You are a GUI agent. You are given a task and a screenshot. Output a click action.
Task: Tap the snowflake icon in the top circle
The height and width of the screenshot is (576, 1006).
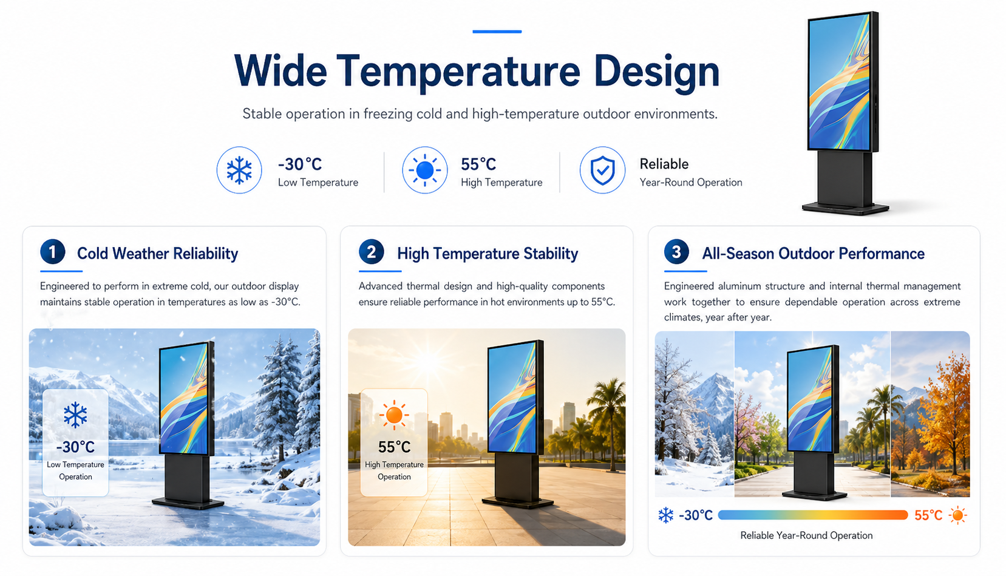[x=239, y=170]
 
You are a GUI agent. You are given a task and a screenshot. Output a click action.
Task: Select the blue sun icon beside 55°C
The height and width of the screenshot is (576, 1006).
[x=424, y=170]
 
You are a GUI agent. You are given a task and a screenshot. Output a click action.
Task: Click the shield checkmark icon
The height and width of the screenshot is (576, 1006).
[x=602, y=170]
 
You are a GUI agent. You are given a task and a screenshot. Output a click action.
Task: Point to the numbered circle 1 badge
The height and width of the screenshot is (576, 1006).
[x=53, y=252]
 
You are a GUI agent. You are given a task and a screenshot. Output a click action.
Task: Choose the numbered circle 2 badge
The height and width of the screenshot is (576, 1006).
[x=372, y=252]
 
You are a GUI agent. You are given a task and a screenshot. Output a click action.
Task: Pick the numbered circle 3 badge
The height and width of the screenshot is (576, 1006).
[x=677, y=252]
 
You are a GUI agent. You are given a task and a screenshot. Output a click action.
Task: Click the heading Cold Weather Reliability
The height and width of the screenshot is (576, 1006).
[x=158, y=254]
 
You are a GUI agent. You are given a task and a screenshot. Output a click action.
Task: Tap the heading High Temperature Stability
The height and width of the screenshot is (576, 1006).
[x=488, y=254]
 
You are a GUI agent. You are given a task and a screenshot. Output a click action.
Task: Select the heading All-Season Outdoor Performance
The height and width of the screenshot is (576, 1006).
[x=814, y=254]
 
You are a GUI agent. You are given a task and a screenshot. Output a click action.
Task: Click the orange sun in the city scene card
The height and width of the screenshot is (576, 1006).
[x=394, y=415]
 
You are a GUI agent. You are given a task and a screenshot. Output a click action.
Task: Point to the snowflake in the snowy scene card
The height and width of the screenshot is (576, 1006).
[x=75, y=415]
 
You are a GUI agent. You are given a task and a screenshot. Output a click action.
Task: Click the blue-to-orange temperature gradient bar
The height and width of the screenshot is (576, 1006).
[x=813, y=515]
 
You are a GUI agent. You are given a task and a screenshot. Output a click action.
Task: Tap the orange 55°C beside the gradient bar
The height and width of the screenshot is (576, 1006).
[x=928, y=515]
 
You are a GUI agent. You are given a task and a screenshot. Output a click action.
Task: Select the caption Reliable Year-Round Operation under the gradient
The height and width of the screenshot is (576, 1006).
[x=807, y=535]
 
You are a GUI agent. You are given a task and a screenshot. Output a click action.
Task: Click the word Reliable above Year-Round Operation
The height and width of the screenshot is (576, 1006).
[x=664, y=164]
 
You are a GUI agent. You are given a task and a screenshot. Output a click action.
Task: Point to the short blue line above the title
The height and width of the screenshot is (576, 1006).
[x=497, y=32]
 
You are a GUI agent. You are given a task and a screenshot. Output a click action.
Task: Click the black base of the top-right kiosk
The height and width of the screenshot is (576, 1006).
[x=845, y=208]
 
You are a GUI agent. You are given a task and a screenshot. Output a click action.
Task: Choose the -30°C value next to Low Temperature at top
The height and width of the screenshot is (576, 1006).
[x=300, y=164]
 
